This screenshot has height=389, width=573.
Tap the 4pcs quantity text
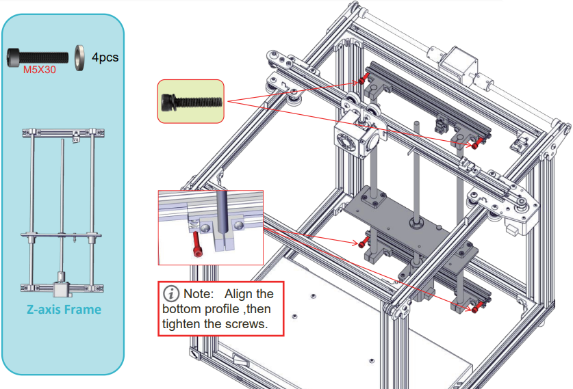[x=105, y=57]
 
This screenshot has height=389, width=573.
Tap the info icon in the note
[x=171, y=294]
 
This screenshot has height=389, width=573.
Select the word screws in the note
[x=246, y=323]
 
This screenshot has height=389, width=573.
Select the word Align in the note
[x=240, y=294]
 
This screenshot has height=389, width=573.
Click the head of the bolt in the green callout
[x=167, y=102]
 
